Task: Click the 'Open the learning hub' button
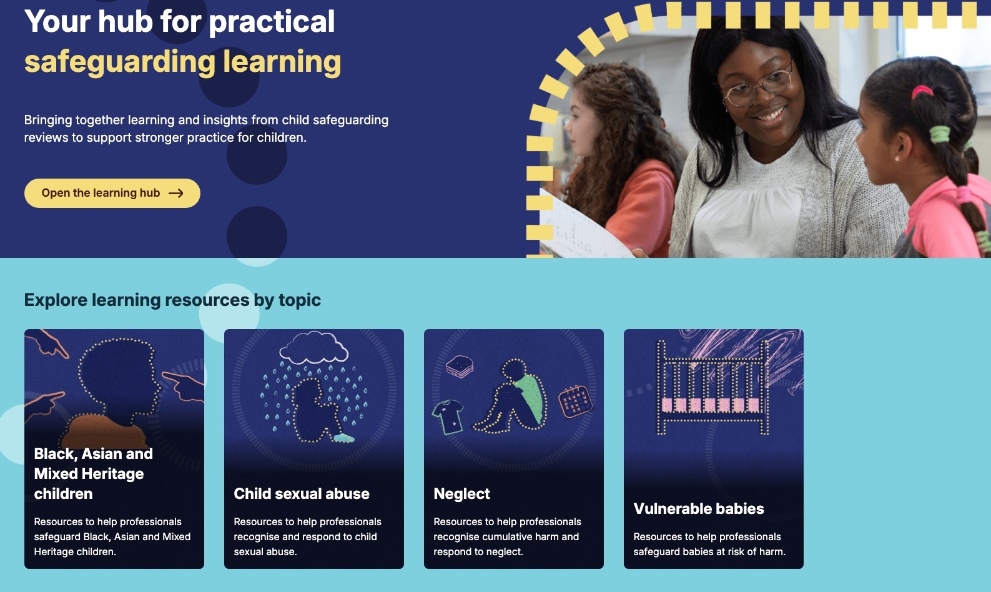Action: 112,193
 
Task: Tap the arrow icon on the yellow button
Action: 175,193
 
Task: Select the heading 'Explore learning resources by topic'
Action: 172,300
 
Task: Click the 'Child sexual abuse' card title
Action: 301,494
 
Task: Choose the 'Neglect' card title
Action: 461,494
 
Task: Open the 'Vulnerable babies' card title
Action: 699,509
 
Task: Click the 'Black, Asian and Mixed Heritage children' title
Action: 93,473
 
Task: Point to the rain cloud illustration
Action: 313,348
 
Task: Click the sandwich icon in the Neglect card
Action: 460,367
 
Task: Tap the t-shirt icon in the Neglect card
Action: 448,417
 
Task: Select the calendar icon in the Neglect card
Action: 575,401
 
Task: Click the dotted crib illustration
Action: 712,387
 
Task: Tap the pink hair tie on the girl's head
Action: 922,92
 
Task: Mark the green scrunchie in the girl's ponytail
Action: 940,134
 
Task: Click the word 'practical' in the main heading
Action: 272,22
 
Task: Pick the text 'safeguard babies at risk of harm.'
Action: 709,552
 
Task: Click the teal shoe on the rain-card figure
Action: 343,438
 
